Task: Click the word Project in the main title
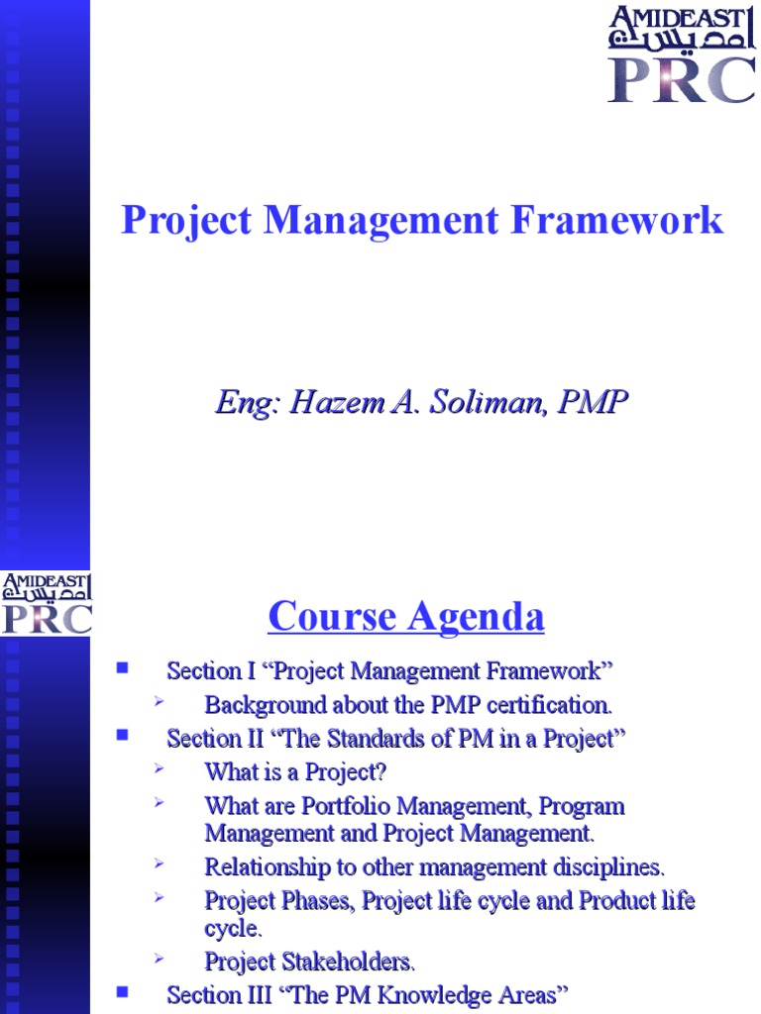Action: [x=187, y=220]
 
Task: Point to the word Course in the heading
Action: [x=331, y=617]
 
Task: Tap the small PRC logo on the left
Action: [x=46, y=618]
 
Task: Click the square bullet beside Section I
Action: [x=123, y=668]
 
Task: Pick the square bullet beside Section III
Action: [x=123, y=991]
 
